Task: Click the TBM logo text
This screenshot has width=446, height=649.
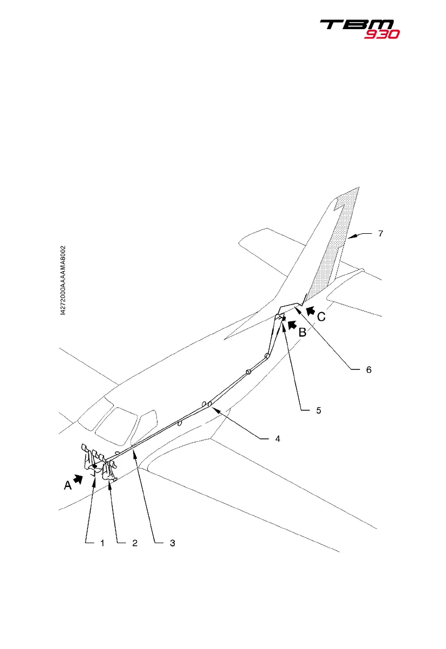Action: [x=357, y=25]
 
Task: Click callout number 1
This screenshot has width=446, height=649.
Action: [x=101, y=544]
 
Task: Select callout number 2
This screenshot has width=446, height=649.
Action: [x=135, y=544]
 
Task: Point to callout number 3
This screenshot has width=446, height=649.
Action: [x=171, y=544]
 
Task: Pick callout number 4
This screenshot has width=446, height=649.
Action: [x=277, y=439]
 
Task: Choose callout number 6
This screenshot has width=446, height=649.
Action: [x=369, y=370]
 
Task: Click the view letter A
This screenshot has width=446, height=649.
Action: [x=67, y=485]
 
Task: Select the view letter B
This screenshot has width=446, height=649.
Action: [x=303, y=333]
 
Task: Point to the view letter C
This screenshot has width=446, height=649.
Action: [x=321, y=317]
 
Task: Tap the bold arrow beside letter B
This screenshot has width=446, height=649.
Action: [x=292, y=324]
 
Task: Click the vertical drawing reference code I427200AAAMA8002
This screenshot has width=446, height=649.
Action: [x=63, y=285]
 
